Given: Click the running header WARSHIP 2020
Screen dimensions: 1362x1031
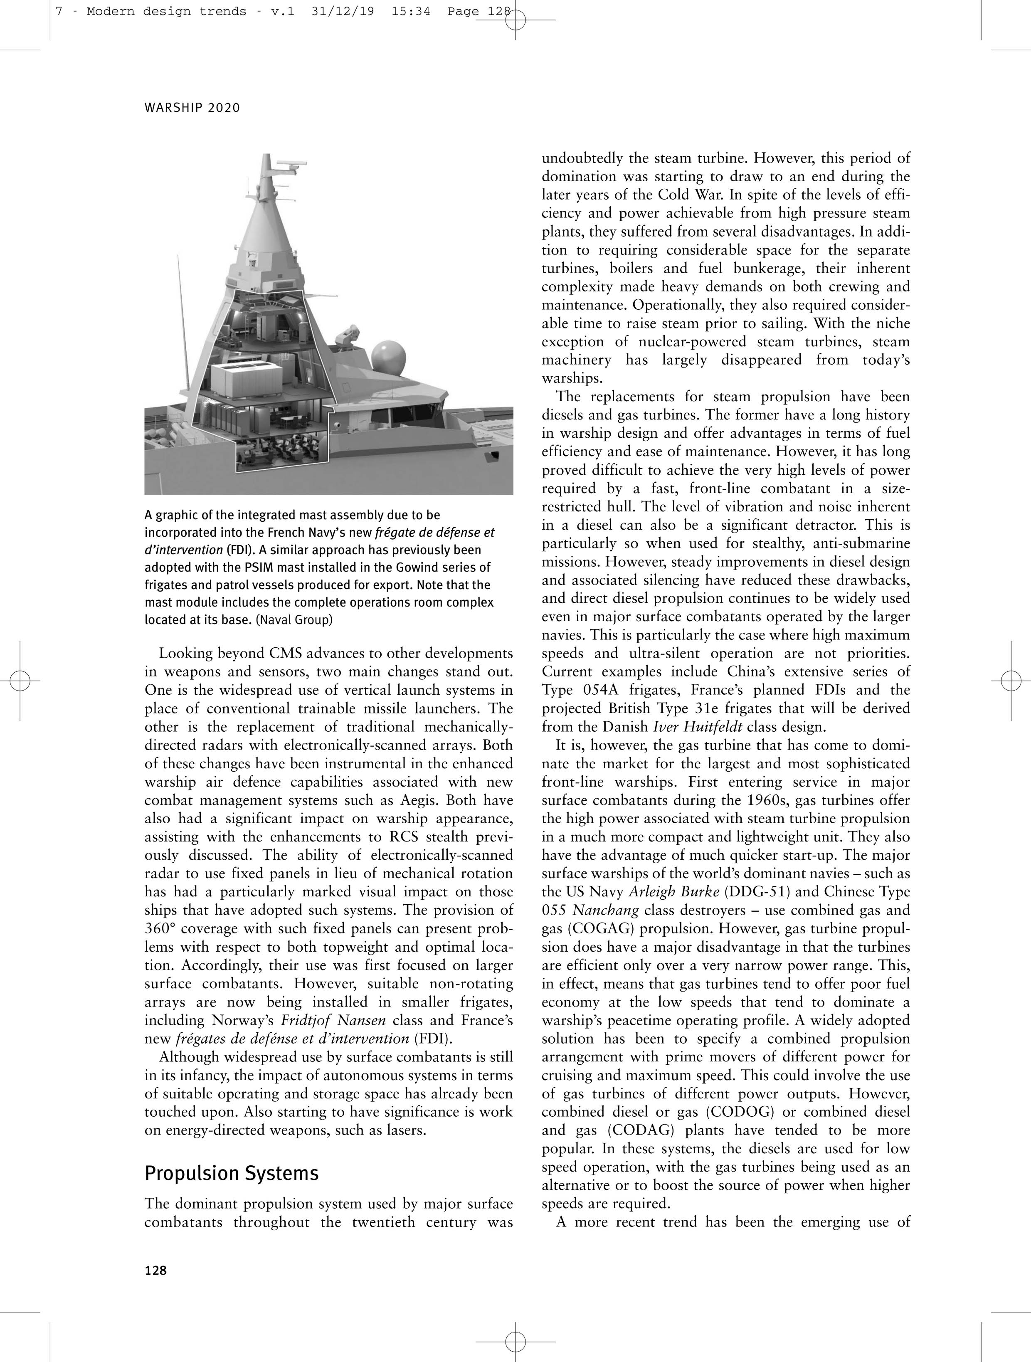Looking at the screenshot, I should pyautogui.click(x=192, y=108).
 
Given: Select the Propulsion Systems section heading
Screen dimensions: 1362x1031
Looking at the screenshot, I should pyautogui.click(x=232, y=1173).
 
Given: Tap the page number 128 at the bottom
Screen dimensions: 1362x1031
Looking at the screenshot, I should pyautogui.click(x=156, y=1270).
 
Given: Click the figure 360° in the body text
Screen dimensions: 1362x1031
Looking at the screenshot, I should pyautogui.click(x=162, y=928).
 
